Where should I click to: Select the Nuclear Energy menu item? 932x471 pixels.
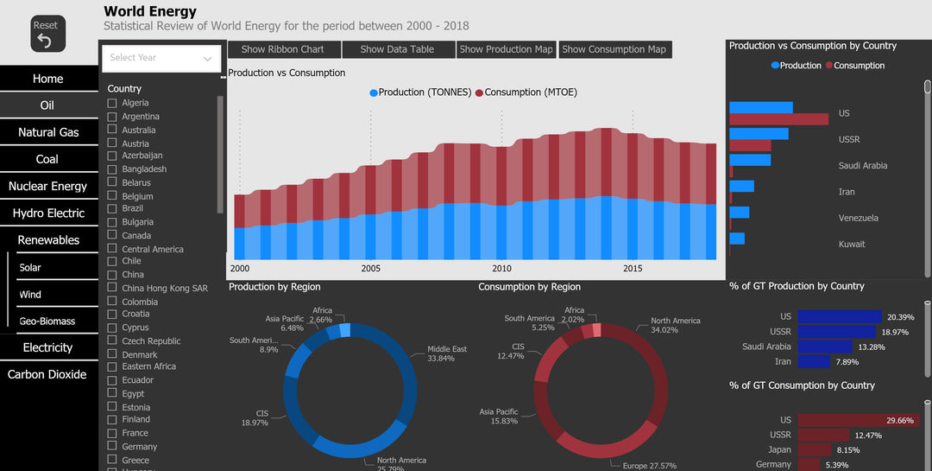click(47, 186)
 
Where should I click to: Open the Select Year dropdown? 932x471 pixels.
click(161, 58)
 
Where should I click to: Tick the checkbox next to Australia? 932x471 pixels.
click(112, 130)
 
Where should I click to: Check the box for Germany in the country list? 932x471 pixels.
click(112, 447)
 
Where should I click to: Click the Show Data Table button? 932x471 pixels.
click(397, 49)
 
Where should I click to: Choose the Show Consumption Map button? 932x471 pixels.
click(614, 49)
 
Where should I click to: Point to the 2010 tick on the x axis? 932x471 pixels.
click(501, 268)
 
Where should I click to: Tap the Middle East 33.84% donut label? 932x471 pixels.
click(447, 354)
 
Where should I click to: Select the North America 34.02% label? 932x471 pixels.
click(675, 325)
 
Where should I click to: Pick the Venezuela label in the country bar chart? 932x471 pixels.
click(858, 218)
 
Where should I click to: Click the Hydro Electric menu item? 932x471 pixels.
click(48, 213)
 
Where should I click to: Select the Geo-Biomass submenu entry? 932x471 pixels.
click(47, 321)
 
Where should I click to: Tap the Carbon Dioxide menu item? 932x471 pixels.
click(47, 374)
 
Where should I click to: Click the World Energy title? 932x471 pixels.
click(150, 12)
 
